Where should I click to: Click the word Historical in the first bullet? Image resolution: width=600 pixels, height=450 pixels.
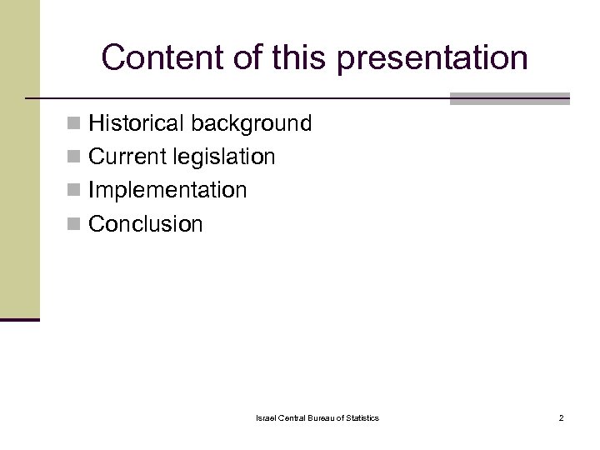(137, 124)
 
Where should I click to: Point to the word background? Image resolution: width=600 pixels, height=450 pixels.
(252, 124)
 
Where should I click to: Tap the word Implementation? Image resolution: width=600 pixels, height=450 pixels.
(167, 190)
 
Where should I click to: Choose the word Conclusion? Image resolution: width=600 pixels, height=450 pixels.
(145, 223)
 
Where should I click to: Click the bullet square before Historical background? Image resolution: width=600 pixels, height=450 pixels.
(76, 125)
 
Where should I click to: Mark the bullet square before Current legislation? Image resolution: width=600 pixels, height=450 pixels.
(76, 157)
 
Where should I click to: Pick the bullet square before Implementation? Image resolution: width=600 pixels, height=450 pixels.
(76, 191)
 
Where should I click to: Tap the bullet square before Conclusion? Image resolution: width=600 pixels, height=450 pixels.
(76, 224)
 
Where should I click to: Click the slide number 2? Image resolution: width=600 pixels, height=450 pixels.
(561, 417)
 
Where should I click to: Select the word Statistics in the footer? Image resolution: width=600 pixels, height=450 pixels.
(361, 417)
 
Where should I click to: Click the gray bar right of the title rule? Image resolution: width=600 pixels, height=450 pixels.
(509, 98)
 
